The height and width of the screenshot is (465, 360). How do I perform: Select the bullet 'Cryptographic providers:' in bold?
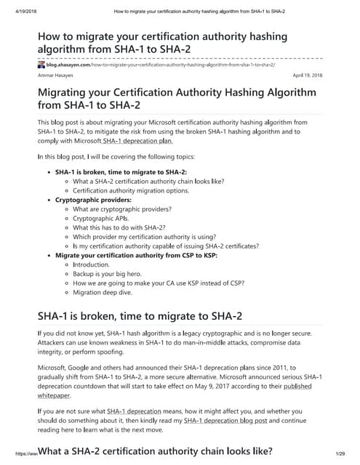click(93, 199)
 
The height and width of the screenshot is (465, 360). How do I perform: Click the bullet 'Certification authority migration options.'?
click(131, 190)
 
